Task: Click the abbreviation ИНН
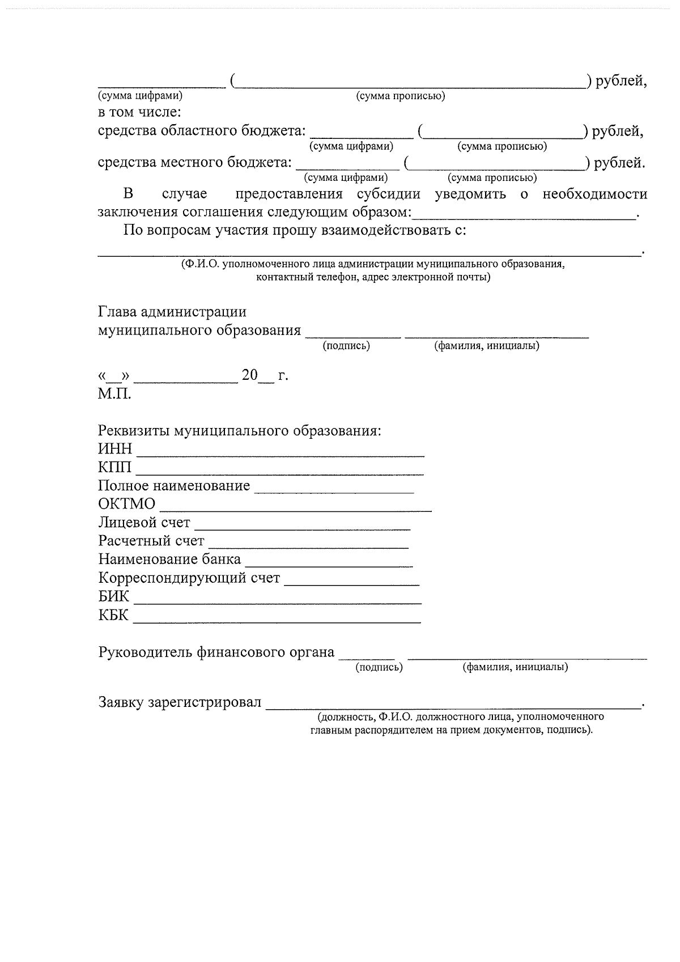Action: pos(115,449)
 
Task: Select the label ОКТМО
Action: pos(126,504)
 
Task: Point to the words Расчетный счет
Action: pos(151,541)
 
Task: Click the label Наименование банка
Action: pos(169,560)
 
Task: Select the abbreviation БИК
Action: pos(113,597)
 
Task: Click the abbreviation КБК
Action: pos(113,615)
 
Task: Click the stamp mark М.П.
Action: pos(114,394)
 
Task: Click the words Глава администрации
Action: pos(172,312)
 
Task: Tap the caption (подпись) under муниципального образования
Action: pos(346,346)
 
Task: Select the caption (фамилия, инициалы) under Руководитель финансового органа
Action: pos(515,667)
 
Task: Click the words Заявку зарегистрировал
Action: pos(180,703)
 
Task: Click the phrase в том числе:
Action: pos(139,112)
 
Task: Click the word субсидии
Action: pos(388,194)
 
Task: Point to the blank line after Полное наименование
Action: pos(334,490)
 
